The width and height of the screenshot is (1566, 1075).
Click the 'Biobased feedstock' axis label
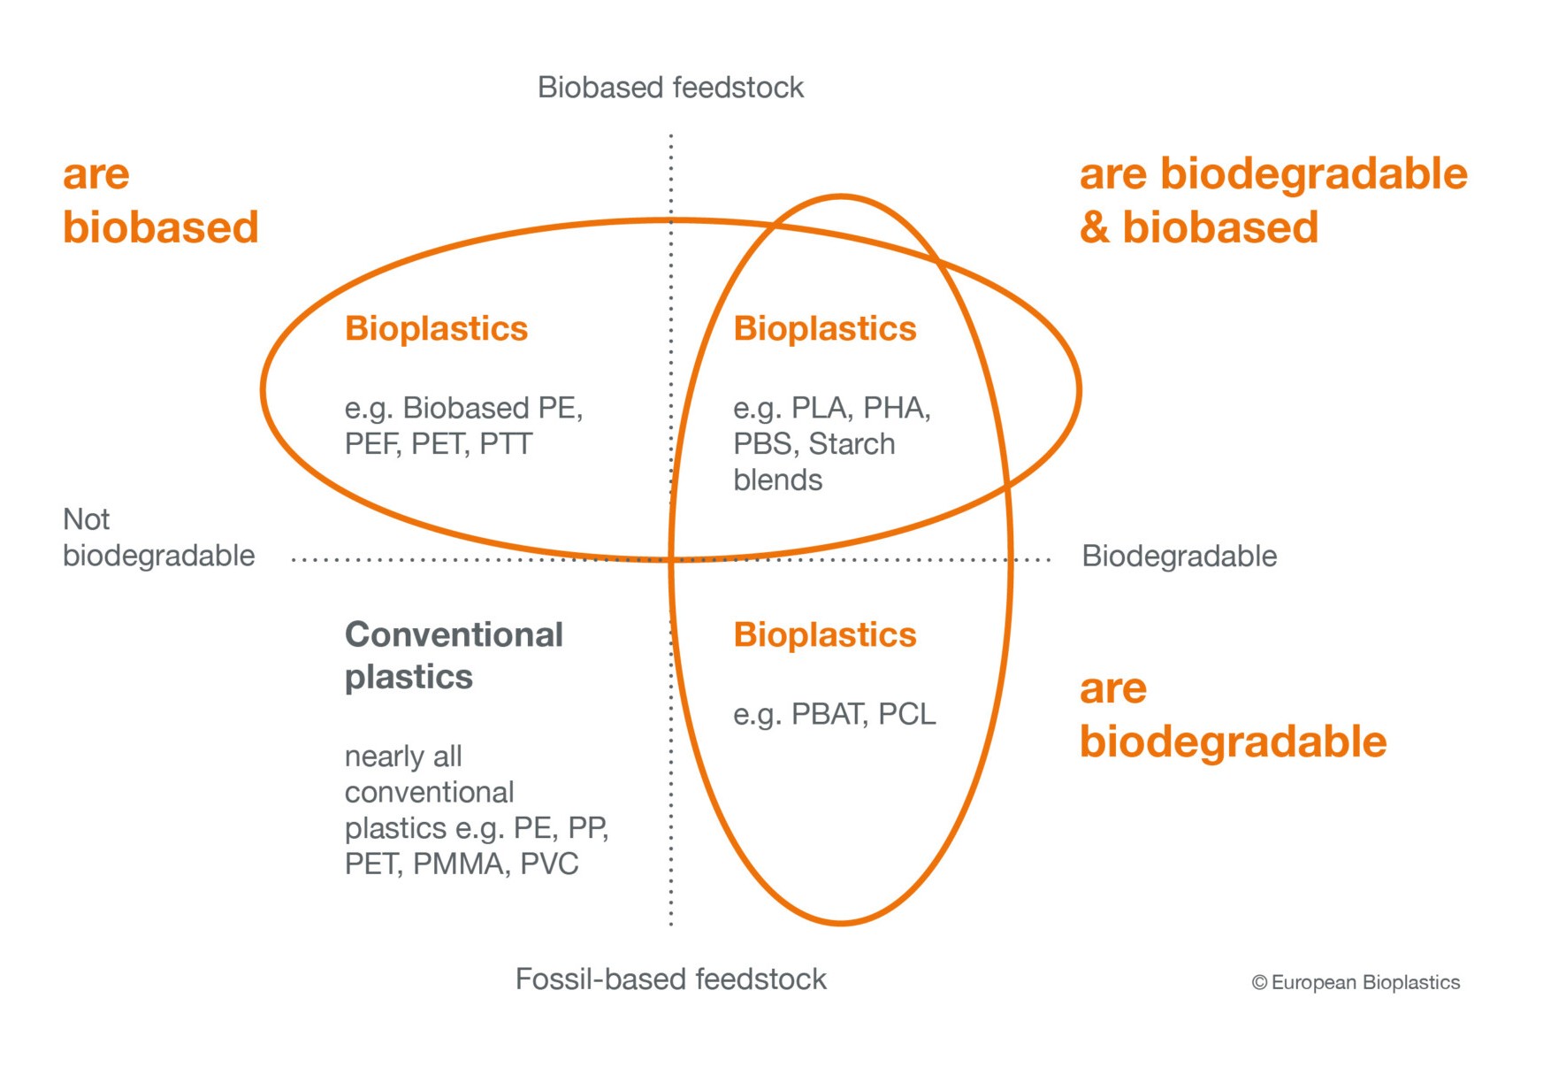[x=670, y=88]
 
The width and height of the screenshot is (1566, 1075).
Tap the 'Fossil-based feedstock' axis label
[x=670, y=979]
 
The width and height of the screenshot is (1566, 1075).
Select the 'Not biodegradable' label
[x=158, y=537]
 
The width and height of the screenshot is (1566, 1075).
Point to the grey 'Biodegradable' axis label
[x=1180, y=557]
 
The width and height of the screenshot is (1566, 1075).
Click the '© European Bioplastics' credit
[x=1356, y=982]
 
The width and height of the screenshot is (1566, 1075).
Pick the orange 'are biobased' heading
[x=160, y=201]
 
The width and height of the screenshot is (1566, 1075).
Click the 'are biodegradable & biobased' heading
[x=1273, y=201]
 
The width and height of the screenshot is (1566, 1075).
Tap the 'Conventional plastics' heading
[x=454, y=656]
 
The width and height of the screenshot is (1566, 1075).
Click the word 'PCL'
[x=907, y=714]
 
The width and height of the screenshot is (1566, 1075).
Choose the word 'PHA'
[x=897, y=408]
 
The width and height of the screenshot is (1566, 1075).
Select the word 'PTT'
[x=506, y=444]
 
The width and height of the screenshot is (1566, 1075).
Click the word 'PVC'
[x=549, y=864]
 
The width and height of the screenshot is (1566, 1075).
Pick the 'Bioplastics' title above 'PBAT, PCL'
[x=825, y=635]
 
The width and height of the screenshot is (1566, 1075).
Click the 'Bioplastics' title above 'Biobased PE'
[x=436, y=329]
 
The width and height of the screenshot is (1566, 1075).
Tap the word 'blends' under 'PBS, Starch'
[x=778, y=480]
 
